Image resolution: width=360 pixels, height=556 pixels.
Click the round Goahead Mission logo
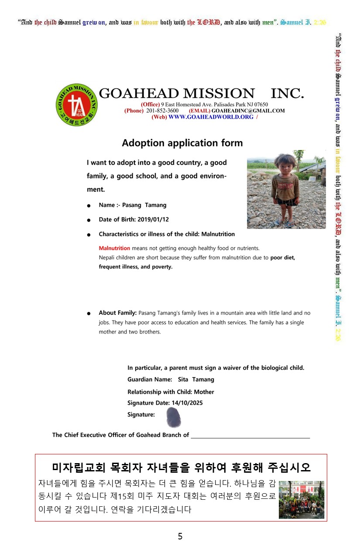point(76,105)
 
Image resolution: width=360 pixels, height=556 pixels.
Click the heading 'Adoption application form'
point(182,143)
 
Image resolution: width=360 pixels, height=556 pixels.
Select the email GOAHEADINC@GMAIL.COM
point(248,111)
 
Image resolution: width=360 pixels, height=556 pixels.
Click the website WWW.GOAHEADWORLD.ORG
point(211,117)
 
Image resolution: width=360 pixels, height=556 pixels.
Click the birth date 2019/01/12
point(153,219)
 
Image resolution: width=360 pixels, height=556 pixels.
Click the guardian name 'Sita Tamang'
point(196,379)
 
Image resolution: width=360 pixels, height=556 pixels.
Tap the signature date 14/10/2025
point(187,403)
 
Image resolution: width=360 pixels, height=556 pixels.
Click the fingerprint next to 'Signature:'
point(174,417)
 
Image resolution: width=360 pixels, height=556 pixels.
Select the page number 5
point(180,536)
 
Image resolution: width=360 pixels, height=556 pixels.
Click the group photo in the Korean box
point(302,500)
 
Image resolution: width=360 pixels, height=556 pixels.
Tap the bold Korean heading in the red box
point(181,467)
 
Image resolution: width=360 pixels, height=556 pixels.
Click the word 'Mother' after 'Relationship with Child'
point(204,392)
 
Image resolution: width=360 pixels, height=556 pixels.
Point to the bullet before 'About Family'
point(89,313)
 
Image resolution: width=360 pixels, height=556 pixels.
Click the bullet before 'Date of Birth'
point(89,220)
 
